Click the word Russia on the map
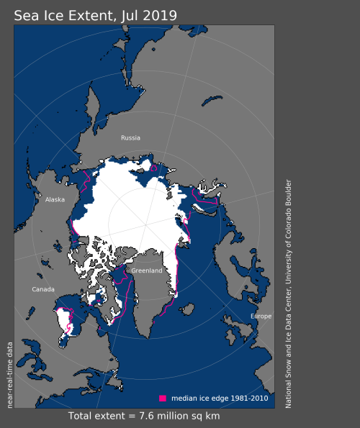click(x=130, y=137)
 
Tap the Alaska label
click(x=55, y=201)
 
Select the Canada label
click(x=43, y=289)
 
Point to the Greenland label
click(x=146, y=270)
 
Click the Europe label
click(x=261, y=317)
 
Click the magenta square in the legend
click(x=163, y=398)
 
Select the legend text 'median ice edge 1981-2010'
click(x=219, y=398)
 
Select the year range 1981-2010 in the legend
click(x=248, y=398)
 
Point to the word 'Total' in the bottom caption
click(x=82, y=416)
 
